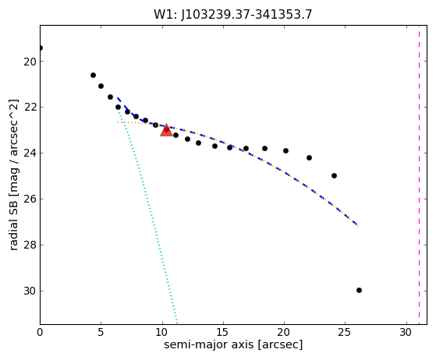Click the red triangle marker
click(x=166, y=130)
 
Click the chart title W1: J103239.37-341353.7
click(x=233, y=15)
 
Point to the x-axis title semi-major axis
click(x=208, y=344)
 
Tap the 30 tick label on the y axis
click(x=30, y=291)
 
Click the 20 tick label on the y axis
click(x=30, y=62)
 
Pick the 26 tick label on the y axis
click(x=30, y=199)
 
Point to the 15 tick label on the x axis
click(x=223, y=332)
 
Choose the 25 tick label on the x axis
click(x=345, y=332)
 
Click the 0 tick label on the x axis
click(x=40, y=332)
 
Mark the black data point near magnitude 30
click(x=359, y=291)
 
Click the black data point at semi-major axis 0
click(x=41, y=48)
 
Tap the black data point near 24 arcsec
click(x=335, y=176)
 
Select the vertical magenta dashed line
click(x=419, y=175)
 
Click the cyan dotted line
click(x=147, y=216)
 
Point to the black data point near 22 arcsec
click(x=309, y=157)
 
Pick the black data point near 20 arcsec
click(x=285, y=151)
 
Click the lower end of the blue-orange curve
click(x=358, y=225)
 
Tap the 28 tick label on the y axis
click(x=30, y=245)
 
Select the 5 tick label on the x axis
click(x=101, y=332)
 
